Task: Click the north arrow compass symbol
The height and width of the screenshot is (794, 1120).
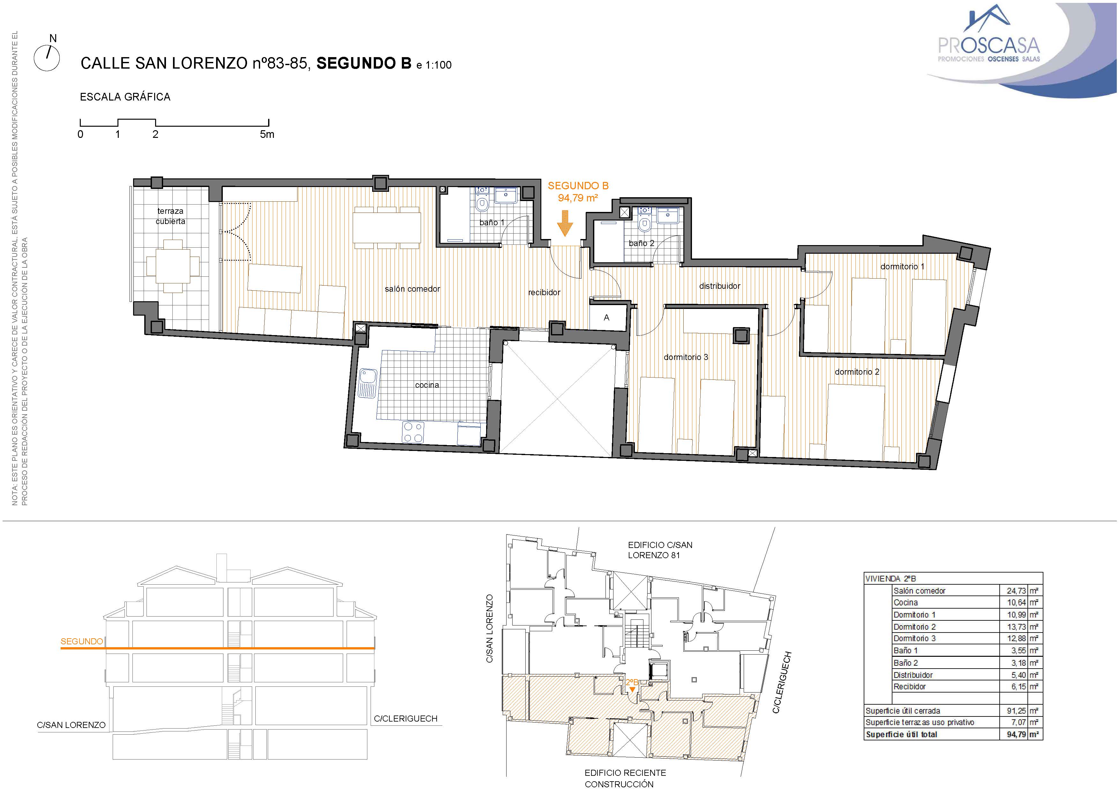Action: pos(47,58)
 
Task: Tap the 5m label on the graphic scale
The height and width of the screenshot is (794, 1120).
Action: pos(267,134)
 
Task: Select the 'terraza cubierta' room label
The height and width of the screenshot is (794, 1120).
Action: pos(170,216)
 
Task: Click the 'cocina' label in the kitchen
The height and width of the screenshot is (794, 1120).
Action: pos(427,385)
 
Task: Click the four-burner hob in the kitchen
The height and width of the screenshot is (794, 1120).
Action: pos(413,432)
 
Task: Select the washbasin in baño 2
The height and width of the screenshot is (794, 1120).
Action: pos(668,215)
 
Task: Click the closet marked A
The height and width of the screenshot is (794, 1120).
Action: pos(607,318)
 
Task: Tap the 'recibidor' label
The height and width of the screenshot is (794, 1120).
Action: pos(544,292)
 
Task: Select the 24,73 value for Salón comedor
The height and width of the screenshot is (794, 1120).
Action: pos(1016,591)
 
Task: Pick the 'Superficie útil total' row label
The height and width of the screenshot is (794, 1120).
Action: pos(901,734)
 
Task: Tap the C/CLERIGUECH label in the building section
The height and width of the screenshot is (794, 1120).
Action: pos(405,719)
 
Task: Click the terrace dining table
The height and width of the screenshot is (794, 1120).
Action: pos(173,266)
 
